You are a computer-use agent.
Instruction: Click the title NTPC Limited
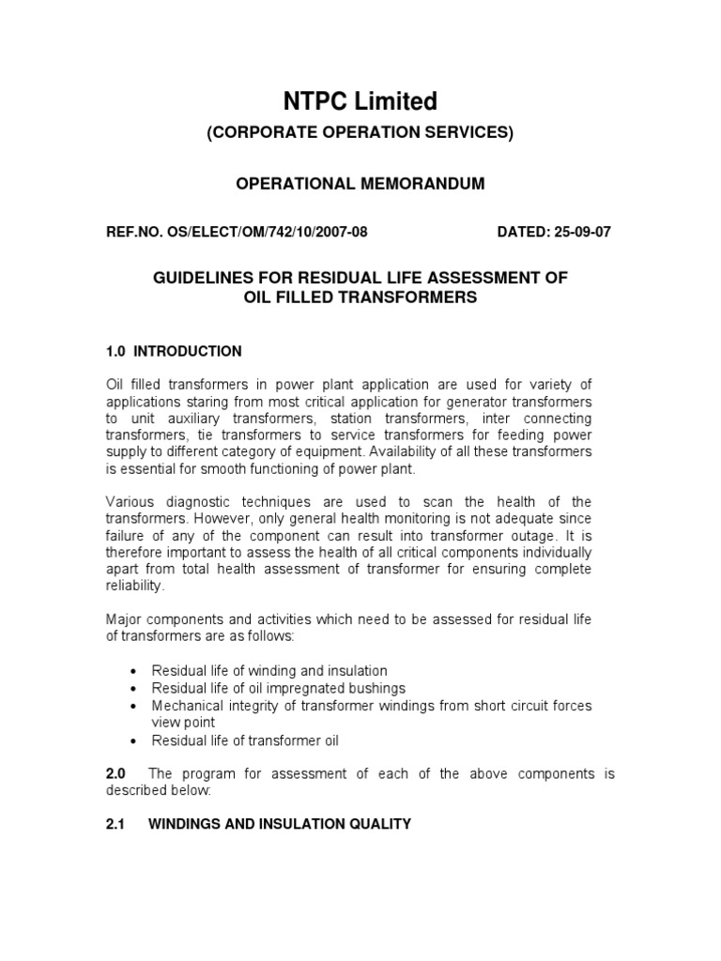pyautogui.click(x=360, y=100)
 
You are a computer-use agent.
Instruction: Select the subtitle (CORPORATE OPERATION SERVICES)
pyautogui.click(x=360, y=133)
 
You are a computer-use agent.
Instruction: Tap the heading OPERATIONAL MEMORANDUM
pyautogui.click(x=360, y=184)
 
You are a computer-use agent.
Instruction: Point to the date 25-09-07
pyautogui.click(x=580, y=233)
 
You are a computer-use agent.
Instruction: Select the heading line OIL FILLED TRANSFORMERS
pyautogui.click(x=360, y=297)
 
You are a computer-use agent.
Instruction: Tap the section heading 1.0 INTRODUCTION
pyautogui.click(x=174, y=352)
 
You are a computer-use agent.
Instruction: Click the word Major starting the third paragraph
pyautogui.click(x=124, y=621)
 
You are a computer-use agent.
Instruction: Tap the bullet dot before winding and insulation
pyautogui.click(x=137, y=672)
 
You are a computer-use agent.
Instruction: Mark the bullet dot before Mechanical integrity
pyautogui.click(x=137, y=706)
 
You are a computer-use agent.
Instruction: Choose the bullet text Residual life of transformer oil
pyautogui.click(x=245, y=740)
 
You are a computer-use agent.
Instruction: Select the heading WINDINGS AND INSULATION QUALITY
pyautogui.click(x=280, y=825)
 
